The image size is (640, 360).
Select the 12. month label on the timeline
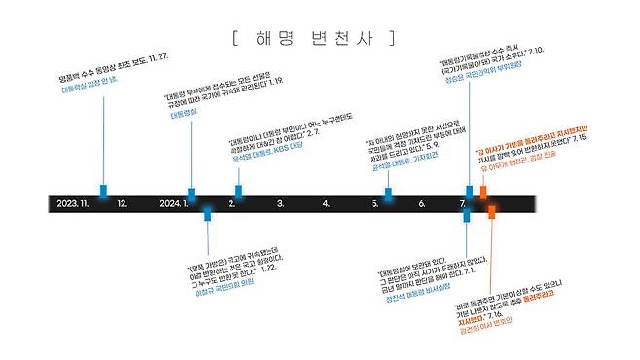(122, 203)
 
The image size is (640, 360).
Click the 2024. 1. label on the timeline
(172, 203)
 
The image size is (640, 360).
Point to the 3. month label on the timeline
(280, 203)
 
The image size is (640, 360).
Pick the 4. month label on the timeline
(326, 203)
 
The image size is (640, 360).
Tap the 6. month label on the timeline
(422, 203)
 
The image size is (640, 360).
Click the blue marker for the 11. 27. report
(103, 190)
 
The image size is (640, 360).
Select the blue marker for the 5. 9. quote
(388, 194)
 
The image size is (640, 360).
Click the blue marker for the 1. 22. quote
(207, 213)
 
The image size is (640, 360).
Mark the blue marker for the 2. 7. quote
(238, 190)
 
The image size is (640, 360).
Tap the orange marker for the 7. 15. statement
(483, 192)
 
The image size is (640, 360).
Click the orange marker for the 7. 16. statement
(492, 211)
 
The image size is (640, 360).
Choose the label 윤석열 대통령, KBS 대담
(265, 157)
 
